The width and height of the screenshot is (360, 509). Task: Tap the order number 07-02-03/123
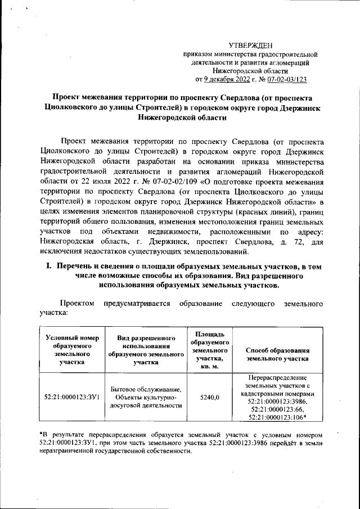(286, 80)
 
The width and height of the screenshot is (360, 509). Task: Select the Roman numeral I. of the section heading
(49, 266)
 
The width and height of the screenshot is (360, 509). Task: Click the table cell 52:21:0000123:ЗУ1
(72, 397)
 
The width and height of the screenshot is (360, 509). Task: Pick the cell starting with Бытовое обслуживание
(146, 397)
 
